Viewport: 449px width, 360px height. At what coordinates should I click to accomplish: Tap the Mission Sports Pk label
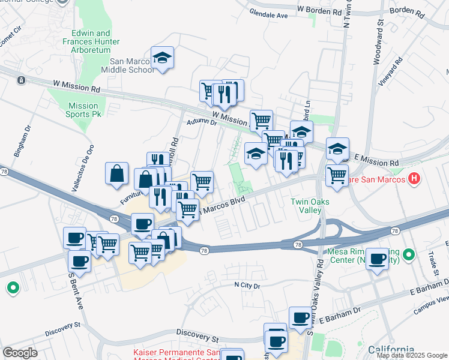83,110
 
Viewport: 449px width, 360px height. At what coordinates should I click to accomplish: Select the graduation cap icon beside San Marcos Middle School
162,58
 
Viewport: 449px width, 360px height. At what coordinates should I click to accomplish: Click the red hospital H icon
414,178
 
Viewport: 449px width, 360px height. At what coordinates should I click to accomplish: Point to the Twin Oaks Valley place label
310,206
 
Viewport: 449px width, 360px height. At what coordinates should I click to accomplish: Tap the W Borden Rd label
319,11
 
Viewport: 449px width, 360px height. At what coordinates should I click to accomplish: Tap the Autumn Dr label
201,122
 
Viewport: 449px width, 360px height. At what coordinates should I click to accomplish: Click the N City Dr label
247,286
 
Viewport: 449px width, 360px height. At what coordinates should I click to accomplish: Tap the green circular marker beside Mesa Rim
409,256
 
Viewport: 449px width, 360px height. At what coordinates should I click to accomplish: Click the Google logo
20,353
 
